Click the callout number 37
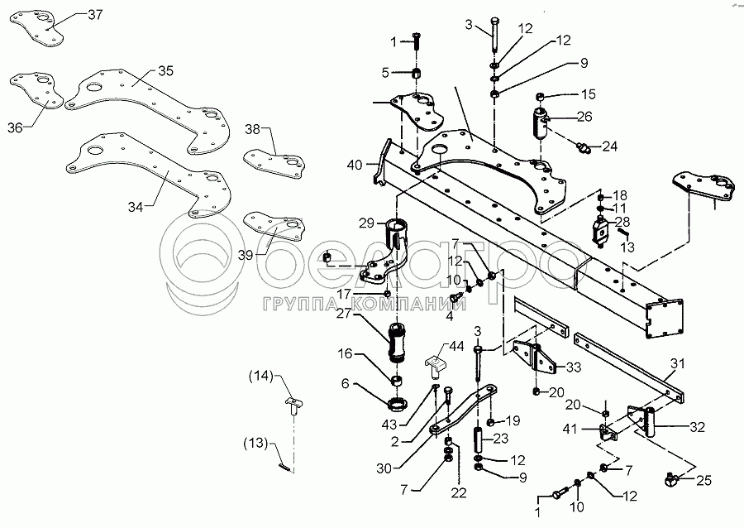click(x=95, y=15)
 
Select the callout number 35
click(x=165, y=70)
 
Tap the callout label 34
click(x=136, y=207)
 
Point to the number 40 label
click(x=355, y=166)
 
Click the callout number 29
click(x=367, y=223)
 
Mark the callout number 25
click(x=704, y=481)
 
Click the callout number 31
click(x=678, y=364)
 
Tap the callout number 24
click(x=610, y=146)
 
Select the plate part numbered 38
click(x=274, y=164)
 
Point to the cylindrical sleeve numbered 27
click(x=398, y=342)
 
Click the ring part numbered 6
click(x=398, y=405)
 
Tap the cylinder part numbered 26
click(x=540, y=122)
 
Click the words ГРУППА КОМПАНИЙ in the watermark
click(x=364, y=304)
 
